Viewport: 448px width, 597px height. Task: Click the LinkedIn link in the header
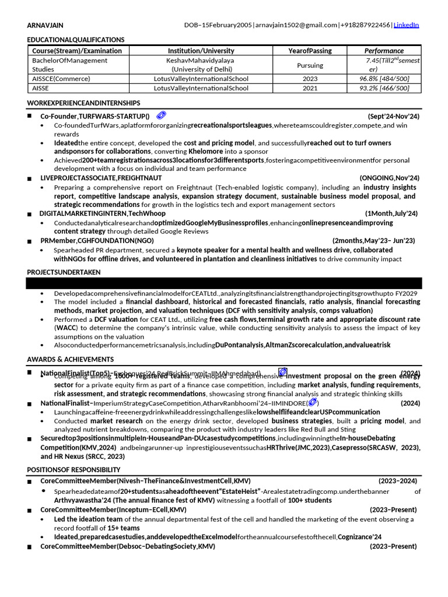tap(406, 25)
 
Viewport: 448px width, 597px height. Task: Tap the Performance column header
tap(384, 51)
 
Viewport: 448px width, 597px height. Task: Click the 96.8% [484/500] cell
tap(384, 79)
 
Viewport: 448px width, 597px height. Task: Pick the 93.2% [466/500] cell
tap(384, 89)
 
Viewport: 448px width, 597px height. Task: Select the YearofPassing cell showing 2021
tap(310, 89)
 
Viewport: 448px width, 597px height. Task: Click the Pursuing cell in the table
tap(310, 65)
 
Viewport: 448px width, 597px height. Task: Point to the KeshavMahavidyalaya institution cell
tap(200, 60)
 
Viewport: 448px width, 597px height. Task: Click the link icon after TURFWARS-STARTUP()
tap(161, 115)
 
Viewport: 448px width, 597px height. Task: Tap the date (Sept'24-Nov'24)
tap(393, 117)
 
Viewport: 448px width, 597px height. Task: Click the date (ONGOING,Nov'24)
tap(389, 178)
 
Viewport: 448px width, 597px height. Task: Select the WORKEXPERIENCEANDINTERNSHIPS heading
tap(83, 103)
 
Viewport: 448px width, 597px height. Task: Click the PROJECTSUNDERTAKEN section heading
tap(64, 272)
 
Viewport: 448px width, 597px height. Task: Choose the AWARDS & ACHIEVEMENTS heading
tap(71, 359)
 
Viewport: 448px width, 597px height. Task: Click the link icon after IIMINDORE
tap(312, 402)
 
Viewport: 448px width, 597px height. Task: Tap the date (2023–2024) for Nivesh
tap(398, 481)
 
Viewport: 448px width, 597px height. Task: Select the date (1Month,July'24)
tap(391, 214)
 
